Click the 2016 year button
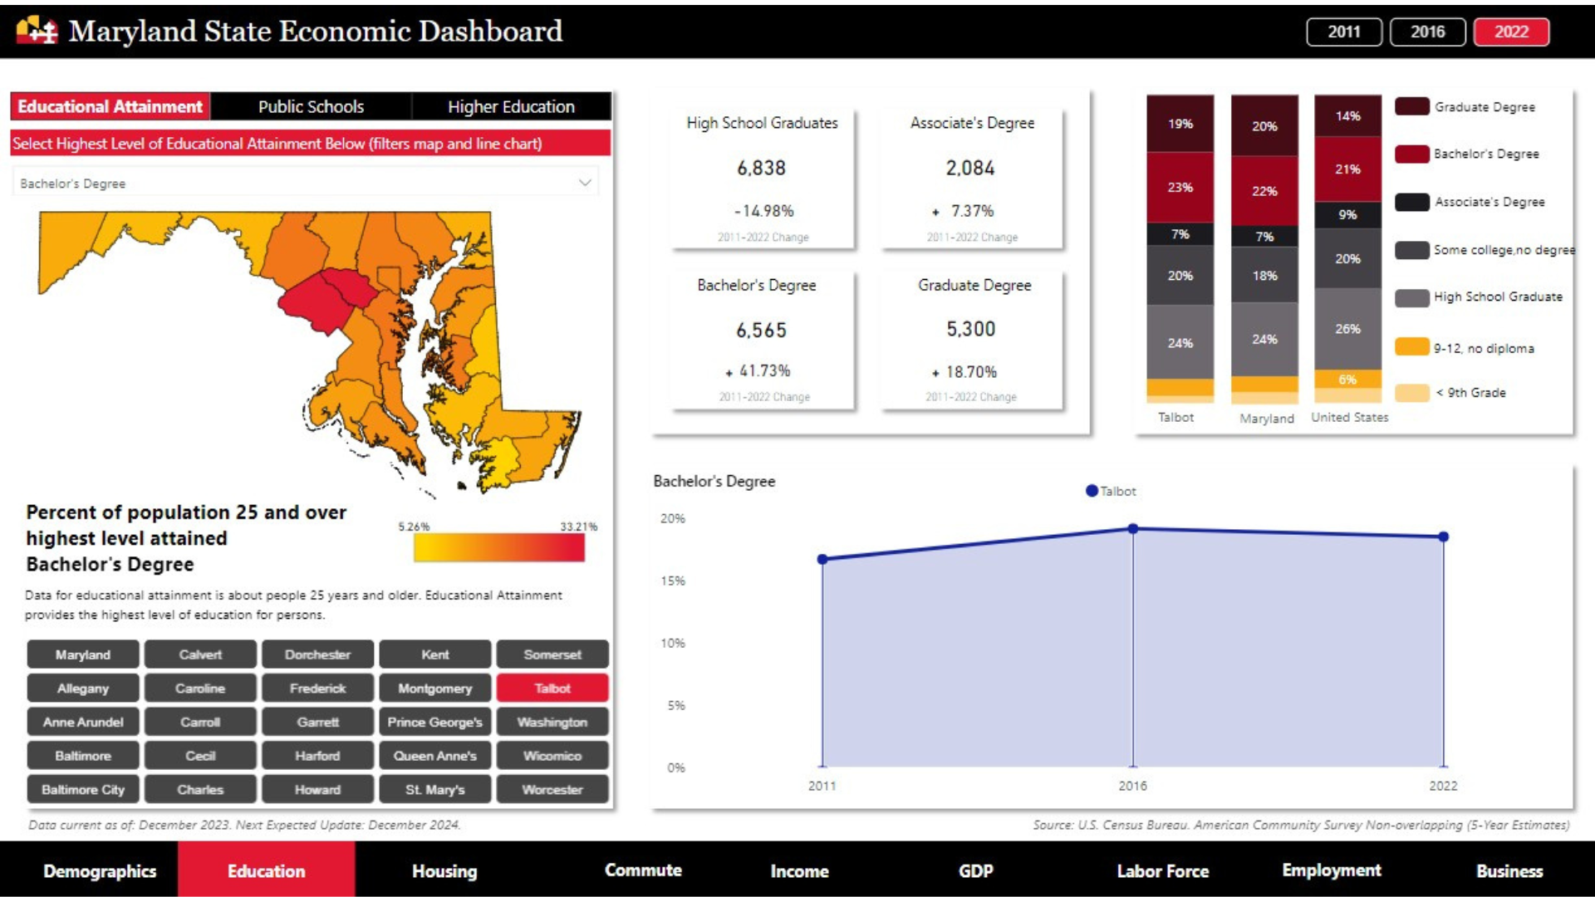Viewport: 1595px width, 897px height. (x=1427, y=32)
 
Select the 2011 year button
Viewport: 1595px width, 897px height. (x=1343, y=32)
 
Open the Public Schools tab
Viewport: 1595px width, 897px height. (x=311, y=106)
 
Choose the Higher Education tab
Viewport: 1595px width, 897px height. (x=511, y=106)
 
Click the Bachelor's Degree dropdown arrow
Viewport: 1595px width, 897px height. (x=585, y=183)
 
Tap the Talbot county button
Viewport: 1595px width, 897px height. (x=552, y=689)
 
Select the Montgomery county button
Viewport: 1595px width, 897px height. (x=434, y=689)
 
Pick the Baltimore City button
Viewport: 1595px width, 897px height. (x=83, y=790)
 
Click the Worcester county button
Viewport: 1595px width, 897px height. (x=552, y=790)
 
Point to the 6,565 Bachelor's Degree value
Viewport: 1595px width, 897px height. (x=761, y=331)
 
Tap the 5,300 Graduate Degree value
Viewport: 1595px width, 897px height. (x=970, y=329)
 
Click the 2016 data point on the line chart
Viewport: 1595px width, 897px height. (x=1133, y=528)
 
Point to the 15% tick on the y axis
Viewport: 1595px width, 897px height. (x=673, y=581)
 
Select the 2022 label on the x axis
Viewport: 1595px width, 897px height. (x=1443, y=786)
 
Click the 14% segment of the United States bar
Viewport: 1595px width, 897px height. (x=1347, y=116)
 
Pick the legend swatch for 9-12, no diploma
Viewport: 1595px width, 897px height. (x=1411, y=347)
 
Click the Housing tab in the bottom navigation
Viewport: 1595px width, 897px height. (x=444, y=870)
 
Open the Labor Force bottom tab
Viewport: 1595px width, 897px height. (x=1162, y=870)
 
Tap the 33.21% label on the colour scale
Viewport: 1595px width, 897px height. (x=578, y=527)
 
